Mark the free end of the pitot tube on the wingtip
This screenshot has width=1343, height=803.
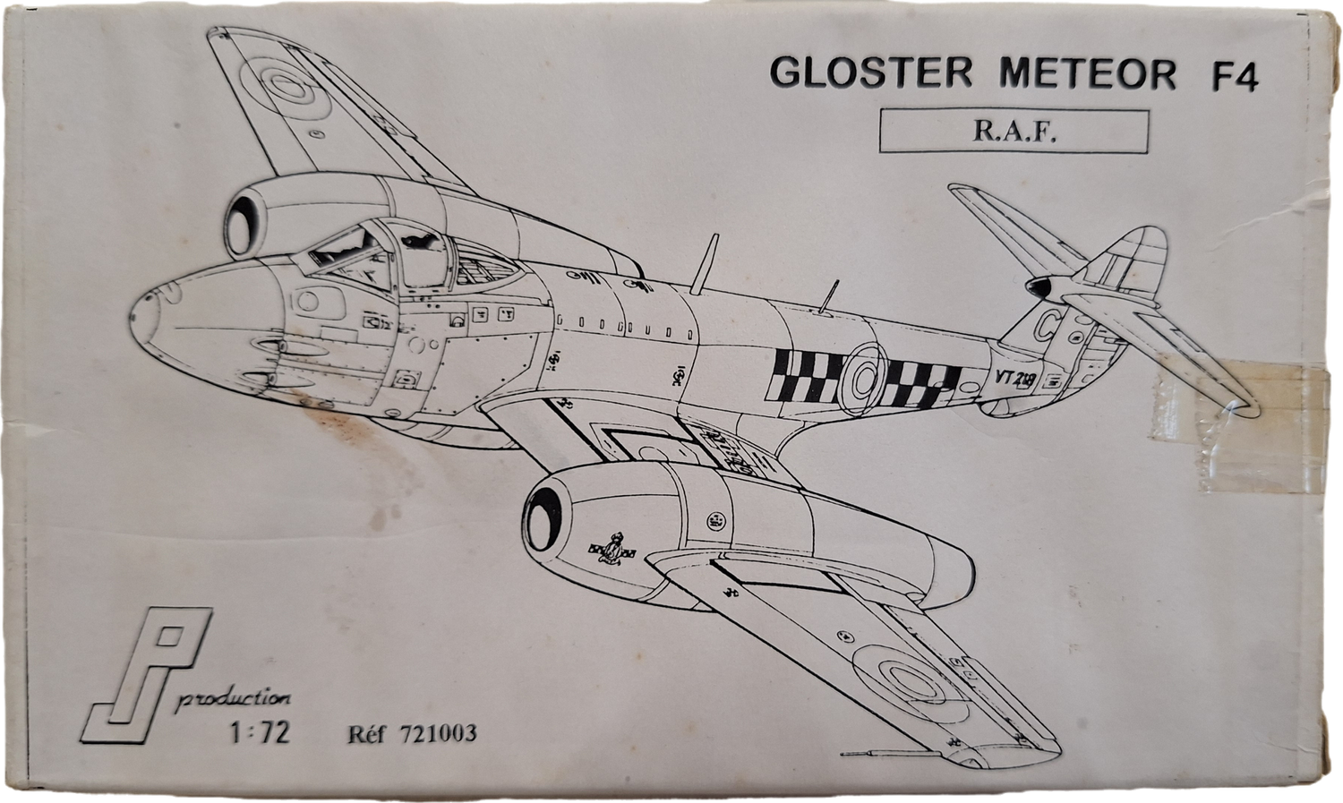pos(842,754)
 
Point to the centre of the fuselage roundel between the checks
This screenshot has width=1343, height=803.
pos(864,379)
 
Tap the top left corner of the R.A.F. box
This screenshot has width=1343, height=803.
pos(880,110)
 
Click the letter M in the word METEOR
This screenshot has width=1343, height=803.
pos(1017,73)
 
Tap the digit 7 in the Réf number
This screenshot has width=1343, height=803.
pos(406,733)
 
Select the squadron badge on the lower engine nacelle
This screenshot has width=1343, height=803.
pos(612,549)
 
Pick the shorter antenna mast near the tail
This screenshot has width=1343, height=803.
pos(829,296)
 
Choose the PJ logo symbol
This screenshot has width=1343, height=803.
pos(146,675)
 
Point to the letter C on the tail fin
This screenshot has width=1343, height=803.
pos(1047,326)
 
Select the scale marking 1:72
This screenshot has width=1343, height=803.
pos(261,732)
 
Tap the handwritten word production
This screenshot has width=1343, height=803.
pos(233,699)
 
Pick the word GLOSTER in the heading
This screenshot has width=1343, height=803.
pos(870,73)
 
